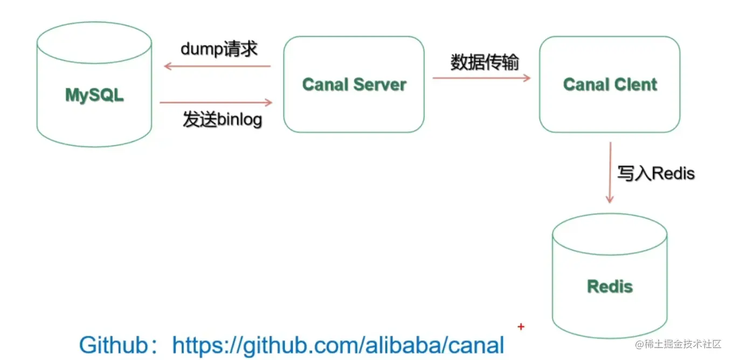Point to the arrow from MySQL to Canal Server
(x=216, y=102)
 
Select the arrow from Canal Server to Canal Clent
(x=481, y=78)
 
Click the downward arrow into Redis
(x=610, y=172)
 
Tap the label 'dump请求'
(x=219, y=49)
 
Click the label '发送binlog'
(x=222, y=120)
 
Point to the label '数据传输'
(x=485, y=63)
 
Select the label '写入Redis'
(x=655, y=173)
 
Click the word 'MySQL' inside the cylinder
(x=94, y=95)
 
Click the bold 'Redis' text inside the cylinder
(x=610, y=286)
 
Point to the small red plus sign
(x=521, y=327)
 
